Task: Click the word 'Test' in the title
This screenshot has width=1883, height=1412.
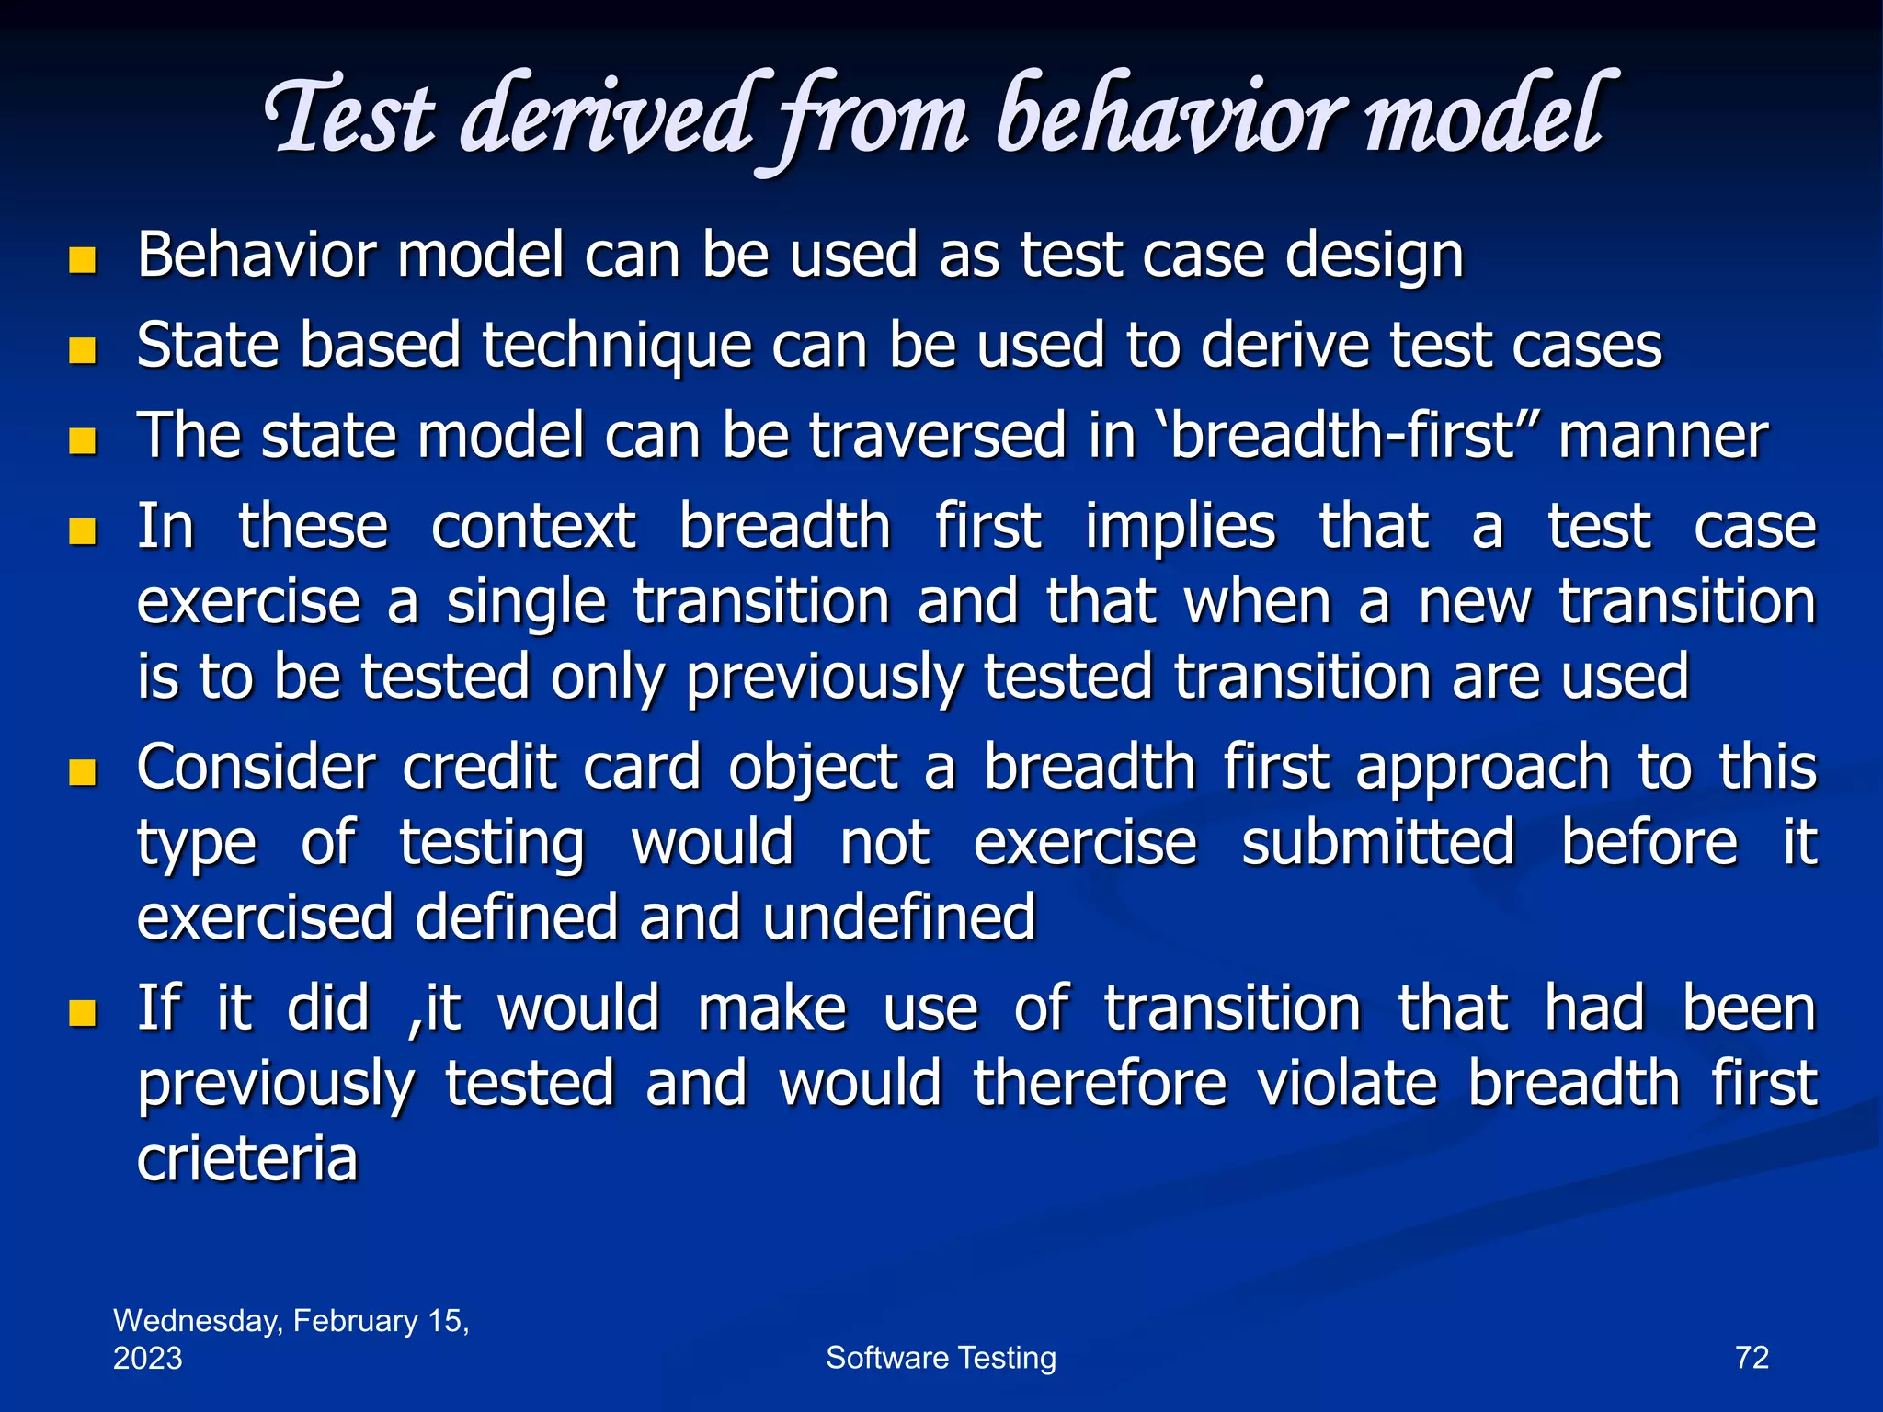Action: (x=349, y=118)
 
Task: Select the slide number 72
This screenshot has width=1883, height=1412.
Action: (x=1752, y=1357)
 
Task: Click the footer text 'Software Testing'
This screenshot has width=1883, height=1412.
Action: (x=941, y=1357)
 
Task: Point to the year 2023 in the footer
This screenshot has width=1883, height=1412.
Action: (x=147, y=1358)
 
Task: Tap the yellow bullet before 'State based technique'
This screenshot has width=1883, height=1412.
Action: (x=83, y=350)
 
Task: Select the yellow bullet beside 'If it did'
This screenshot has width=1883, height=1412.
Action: (x=83, y=1013)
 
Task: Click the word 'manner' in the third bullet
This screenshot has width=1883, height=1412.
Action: (x=1662, y=438)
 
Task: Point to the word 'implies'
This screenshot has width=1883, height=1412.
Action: (x=1180, y=529)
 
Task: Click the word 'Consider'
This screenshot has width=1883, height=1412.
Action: (x=257, y=768)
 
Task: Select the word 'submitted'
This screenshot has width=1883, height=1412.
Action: (x=1377, y=843)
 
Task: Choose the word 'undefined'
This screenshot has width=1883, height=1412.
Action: (x=898, y=918)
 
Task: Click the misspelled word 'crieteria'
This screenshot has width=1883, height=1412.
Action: (x=246, y=1159)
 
